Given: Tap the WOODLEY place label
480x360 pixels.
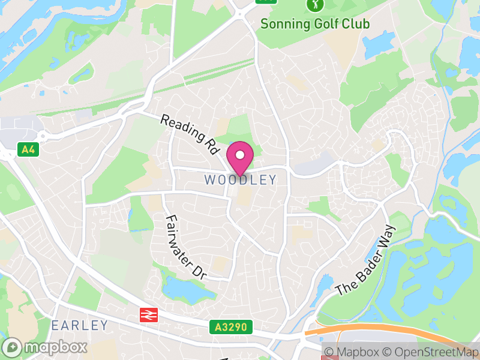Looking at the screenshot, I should tap(240, 180).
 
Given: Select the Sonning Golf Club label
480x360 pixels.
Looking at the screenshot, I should tap(314, 24).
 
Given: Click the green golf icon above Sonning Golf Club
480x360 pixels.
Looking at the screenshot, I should tap(314, 5).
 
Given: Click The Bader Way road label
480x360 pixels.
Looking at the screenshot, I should tap(367, 260).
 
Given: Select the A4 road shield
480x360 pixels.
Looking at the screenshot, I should tap(28, 149).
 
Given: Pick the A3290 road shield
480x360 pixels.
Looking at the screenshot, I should tap(231, 327).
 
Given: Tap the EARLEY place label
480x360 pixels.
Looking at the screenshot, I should tap(80, 326).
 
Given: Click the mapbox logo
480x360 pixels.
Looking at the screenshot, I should tap(45, 347).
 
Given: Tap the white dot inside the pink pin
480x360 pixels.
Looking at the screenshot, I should tap(240, 155).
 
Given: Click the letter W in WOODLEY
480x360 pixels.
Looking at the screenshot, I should tap(209, 180).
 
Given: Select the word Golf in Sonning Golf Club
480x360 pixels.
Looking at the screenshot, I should tap(322, 24).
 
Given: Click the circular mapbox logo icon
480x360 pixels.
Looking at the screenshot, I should tap(11, 347).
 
